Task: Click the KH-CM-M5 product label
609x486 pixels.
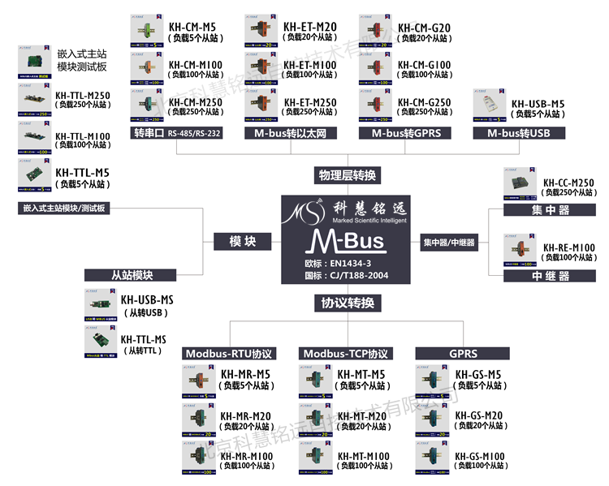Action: pyautogui.click(x=192, y=27)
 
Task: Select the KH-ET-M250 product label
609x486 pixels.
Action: pyautogui.click(x=309, y=102)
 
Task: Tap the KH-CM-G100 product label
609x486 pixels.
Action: pyautogui.click(x=424, y=64)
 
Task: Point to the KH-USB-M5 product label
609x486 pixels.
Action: pyautogui.click(x=538, y=104)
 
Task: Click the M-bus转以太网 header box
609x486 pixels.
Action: pyautogui.click(x=290, y=133)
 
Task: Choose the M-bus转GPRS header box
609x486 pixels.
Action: pyautogui.click(x=404, y=133)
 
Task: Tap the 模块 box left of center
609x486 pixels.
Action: pyautogui.click(x=242, y=241)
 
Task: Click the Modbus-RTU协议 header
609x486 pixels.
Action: pyautogui.click(x=229, y=354)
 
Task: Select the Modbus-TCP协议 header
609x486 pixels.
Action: pyautogui.click(x=345, y=354)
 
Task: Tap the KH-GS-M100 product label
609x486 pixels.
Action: pyautogui.click(x=480, y=457)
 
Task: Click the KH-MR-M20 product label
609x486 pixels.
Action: pyautogui.click(x=246, y=417)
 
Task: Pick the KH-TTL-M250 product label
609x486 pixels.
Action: pyautogui.click(x=82, y=94)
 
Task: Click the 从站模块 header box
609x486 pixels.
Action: pyautogui.click(x=132, y=275)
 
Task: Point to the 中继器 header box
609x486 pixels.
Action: pyautogui.click(x=549, y=275)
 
